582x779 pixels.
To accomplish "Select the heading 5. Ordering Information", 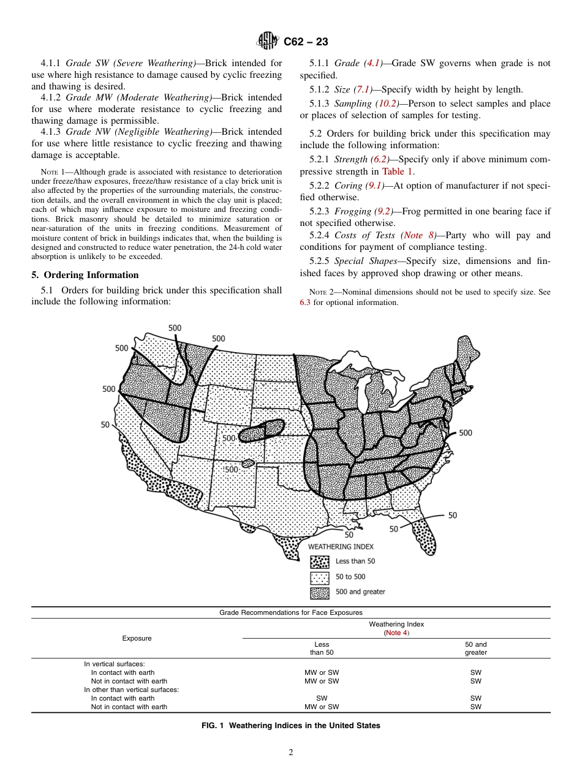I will point(85,275).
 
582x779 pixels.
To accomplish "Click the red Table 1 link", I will point(397,172).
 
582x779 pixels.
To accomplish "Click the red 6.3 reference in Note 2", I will point(305,303).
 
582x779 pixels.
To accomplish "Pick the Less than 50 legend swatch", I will point(320,562).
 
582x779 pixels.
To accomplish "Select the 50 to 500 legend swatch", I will point(320,577).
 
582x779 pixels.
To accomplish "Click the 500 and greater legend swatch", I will point(320,592).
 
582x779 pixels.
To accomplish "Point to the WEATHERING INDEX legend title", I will point(341,546).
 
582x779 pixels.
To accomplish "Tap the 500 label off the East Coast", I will point(465,433).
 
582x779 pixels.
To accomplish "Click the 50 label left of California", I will point(105,424).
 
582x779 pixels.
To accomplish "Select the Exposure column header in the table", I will point(137,638).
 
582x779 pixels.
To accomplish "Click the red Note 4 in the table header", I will point(396,633).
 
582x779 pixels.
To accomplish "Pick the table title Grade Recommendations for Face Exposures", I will point(290,612).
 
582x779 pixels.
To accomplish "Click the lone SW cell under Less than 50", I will point(321,698).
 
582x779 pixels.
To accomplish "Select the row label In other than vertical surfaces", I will point(131,690).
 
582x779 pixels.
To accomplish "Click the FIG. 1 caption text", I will point(290,726).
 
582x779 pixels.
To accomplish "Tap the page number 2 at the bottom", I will point(291,753).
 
